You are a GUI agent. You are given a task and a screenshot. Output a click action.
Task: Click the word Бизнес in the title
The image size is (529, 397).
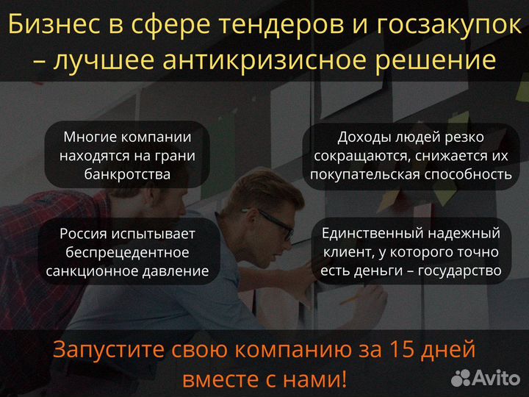pos(55,26)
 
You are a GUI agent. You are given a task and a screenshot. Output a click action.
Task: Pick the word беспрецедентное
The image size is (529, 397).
pos(127,252)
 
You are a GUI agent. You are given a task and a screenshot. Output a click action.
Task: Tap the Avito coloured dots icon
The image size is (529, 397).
pos(461,378)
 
